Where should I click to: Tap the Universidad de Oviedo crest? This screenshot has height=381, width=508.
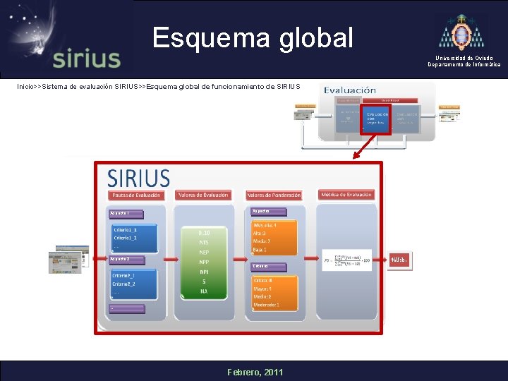[x=463, y=32]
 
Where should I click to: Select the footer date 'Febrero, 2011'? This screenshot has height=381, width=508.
[x=254, y=372]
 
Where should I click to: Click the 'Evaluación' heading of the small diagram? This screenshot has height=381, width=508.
[x=350, y=90]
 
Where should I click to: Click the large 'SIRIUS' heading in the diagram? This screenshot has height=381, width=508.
[x=138, y=178]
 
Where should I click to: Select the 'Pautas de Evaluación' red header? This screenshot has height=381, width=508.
[x=136, y=195]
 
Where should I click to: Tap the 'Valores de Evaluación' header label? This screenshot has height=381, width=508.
[x=204, y=195]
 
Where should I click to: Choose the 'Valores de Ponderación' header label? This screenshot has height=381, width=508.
[x=274, y=195]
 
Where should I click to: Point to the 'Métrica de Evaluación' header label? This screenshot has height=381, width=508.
[x=346, y=195]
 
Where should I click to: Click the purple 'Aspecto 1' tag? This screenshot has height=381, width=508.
[x=126, y=213]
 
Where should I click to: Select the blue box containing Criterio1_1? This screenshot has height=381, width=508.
[x=135, y=238]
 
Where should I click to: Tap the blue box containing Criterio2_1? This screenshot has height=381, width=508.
[x=133, y=284]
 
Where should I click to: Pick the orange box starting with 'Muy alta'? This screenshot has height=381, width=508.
[x=274, y=237]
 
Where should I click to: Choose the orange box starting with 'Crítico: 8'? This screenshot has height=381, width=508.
[x=274, y=292]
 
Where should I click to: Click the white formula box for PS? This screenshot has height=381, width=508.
[x=346, y=260]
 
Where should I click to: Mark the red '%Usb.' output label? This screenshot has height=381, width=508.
[x=400, y=260]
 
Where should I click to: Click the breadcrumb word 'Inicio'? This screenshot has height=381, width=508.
[x=28, y=87]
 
